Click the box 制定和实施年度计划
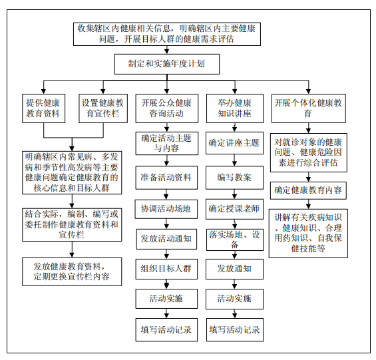(166, 64)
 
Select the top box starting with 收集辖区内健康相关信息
(167, 34)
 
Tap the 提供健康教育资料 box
(44, 108)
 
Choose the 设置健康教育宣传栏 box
(103, 108)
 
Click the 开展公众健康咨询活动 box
(167, 108)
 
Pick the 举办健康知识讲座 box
(235, 108)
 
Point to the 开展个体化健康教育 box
(309, 108)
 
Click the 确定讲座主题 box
(234, 143)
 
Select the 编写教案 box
(234, 178)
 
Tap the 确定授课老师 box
(234, 209)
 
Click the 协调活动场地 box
(166, 209)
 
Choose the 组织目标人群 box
(166, 269)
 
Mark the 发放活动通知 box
(166, 239)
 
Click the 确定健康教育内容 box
(308, 190)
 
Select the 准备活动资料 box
(166, 178)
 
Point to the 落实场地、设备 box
(234, 240)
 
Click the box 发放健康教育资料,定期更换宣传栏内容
(72, 271)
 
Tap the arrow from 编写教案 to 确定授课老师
(234, 194)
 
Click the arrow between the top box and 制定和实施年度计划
(167, 50)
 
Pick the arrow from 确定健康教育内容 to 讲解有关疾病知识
(309, 204)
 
